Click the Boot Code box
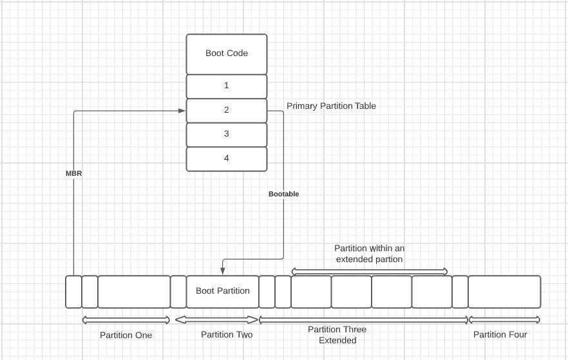(227, 53)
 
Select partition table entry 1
(227, 86)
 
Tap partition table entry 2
(227, 110)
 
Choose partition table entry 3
(227, 134)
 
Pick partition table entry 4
(227, 158)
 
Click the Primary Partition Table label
(331, 106)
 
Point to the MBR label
(74, 173)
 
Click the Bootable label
(283, 193)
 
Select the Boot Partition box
(223, 291)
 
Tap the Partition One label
(126, 335)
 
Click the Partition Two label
(227, 334)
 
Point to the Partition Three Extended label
(337, 335)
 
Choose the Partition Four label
(500, 334)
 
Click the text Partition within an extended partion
(369, 253)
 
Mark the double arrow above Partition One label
(126, 319)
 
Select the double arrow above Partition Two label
(216, 319)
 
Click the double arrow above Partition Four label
(504, 319)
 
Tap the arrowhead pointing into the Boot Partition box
(222, 270)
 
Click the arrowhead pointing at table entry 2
(182, 111)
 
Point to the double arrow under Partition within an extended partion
(369, 270)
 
